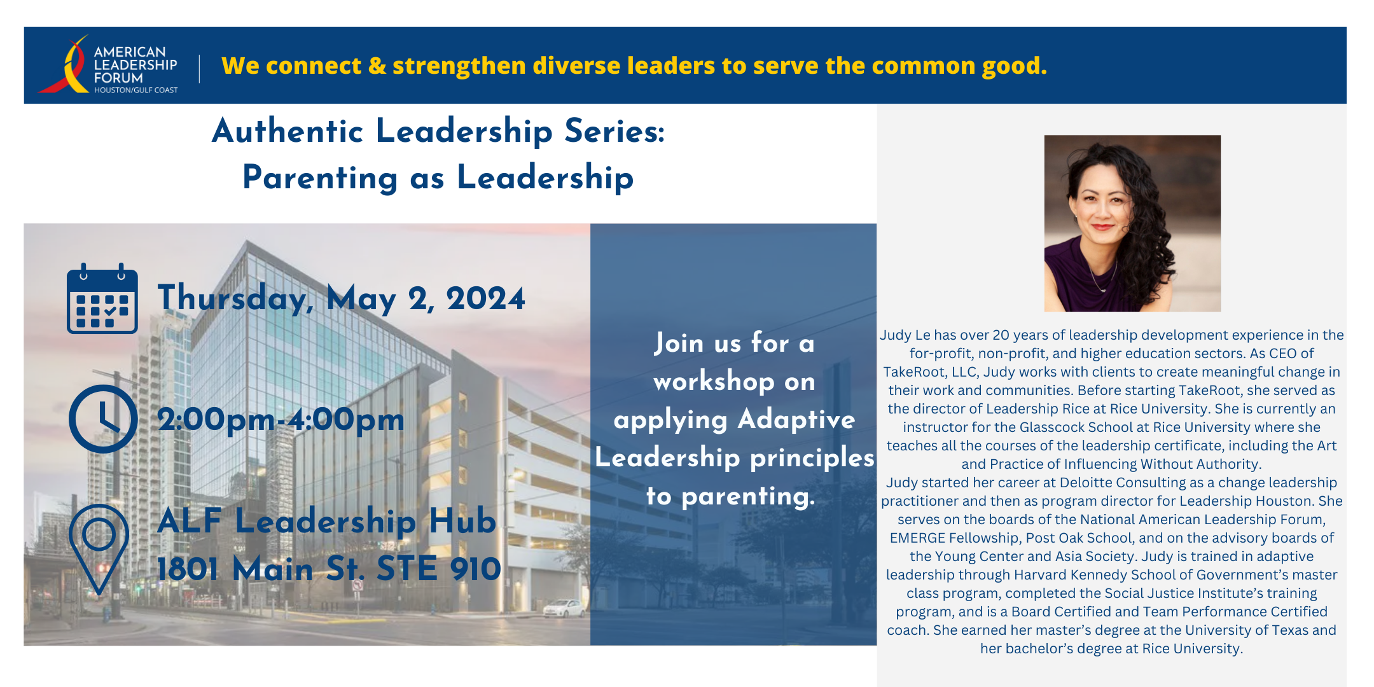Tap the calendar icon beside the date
[x=102, y=298]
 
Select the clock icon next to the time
[x=103, y=419]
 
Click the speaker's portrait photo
[x=1132, y=223]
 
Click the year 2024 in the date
[x=485, y=298]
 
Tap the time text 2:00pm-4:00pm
[x=281, y=420]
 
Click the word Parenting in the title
[x=320, y=178]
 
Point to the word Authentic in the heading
[x=288, y=131]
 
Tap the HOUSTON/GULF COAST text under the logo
[x=136, y=90]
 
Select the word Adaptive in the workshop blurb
[x=796, y=419]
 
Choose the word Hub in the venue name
[x=462, y=521]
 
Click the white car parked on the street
[x=564, y=608]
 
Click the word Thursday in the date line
[x=235, y=298]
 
